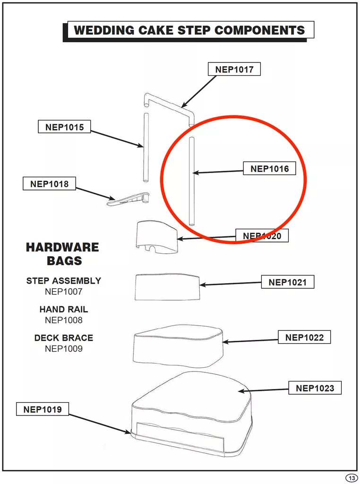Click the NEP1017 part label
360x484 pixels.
point(234,69)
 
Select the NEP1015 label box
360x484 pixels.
point(64,127)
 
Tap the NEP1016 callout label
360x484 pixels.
point(270,169)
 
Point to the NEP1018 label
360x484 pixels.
point(49,184)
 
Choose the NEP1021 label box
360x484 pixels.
point(288,282)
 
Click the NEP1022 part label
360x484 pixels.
point(304,337)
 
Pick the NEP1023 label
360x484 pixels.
point(315,388)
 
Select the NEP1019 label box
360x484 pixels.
point(43,409)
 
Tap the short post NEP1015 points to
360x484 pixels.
point(146,147)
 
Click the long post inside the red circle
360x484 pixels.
point(191,181)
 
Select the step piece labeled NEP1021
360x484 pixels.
point(167,287)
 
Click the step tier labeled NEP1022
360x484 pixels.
point(178,346)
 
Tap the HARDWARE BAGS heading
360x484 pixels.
point(63,254)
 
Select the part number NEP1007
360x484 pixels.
point(64,291)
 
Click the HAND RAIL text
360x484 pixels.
point(64,309)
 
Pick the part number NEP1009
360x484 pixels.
point(64,348)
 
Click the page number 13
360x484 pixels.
point(351,478)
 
